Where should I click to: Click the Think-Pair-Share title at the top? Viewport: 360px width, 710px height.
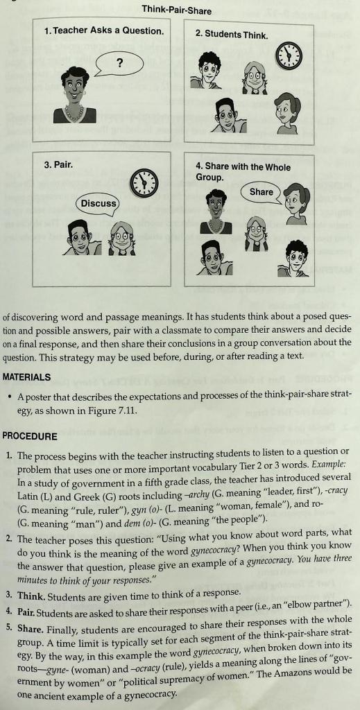pyautogui.click(x=176, y=10)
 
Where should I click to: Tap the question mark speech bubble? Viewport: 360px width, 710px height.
pyautogui.click(x=119, y=64)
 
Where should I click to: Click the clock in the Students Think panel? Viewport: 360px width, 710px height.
pyautogui.click(x=289, y=55)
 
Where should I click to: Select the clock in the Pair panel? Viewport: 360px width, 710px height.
pyautogui.click(x=144, y=182)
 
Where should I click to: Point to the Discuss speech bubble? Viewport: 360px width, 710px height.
pyautogui.click(x=98, y=203)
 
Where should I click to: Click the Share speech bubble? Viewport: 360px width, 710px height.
pyautogui.click(x=262, y=192)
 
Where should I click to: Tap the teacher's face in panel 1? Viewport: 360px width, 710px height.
pyautogui.click(x=74, y=89)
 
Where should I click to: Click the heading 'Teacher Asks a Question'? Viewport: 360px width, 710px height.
pyautogui.click(x=108, y=31)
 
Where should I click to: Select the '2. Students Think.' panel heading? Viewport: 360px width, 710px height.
pyautogui.click(x=231, y=34)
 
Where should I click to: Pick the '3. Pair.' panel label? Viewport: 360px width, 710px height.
pyautogui.click(x=58, y=165)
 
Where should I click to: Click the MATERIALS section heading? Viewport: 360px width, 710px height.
pyautogui.click(x=26, y=377)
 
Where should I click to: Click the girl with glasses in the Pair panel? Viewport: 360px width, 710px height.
pyautogui.click(x=121, y=239)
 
